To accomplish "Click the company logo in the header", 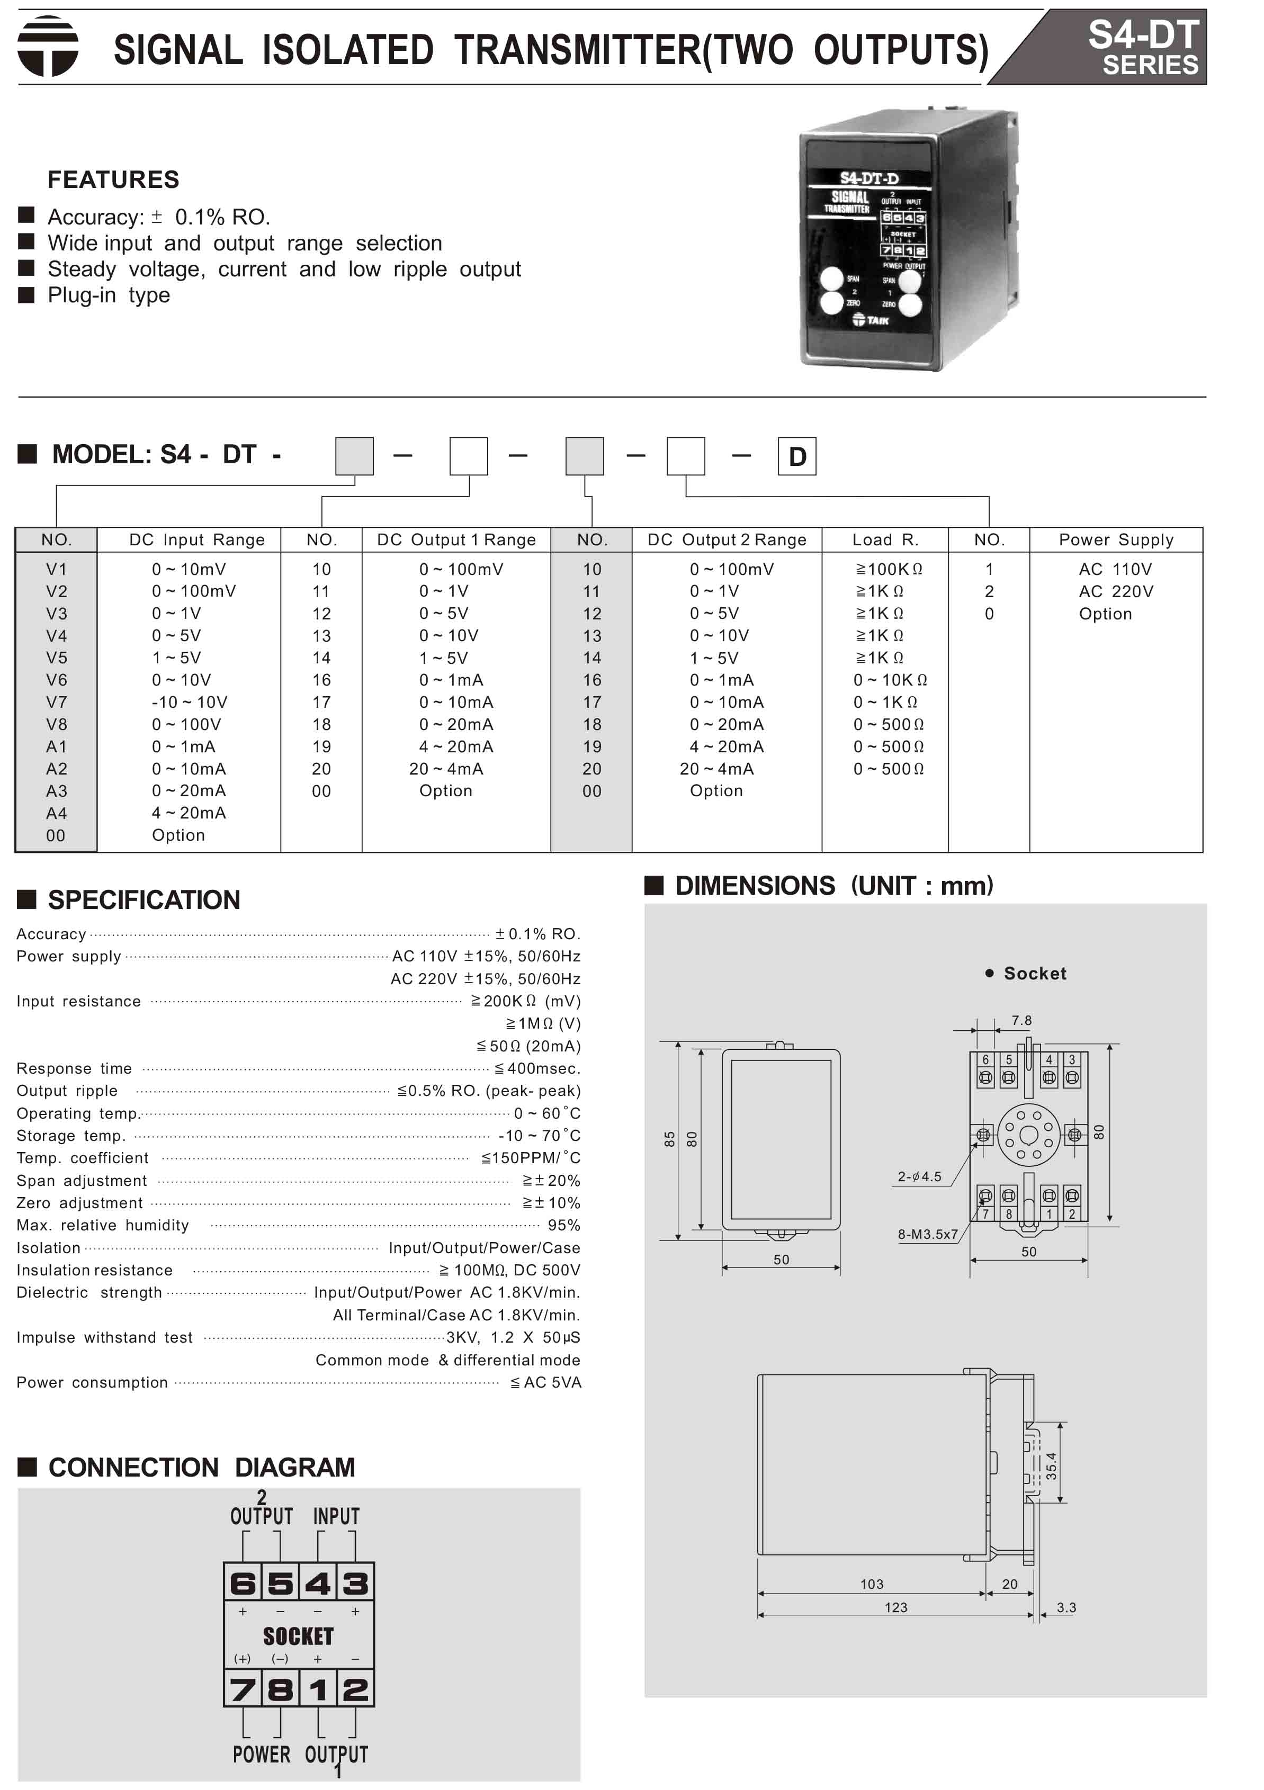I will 48,46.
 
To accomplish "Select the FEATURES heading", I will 113,179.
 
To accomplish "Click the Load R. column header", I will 885,539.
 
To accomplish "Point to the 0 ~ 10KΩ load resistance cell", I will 890,680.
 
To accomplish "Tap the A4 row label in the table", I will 56,813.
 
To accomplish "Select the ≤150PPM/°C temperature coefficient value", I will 530,1158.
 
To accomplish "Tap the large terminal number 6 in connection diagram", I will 243,1584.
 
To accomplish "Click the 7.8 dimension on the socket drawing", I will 1021,1021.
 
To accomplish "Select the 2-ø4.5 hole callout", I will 919,1176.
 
